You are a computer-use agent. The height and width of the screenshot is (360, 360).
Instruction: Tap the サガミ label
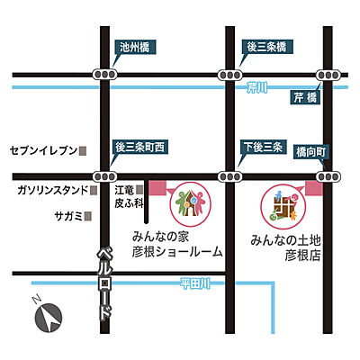67,216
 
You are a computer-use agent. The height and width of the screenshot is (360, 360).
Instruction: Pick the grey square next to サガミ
88,216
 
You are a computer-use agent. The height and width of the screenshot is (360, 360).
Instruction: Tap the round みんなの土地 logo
283,206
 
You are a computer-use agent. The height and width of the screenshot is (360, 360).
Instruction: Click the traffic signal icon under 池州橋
107,74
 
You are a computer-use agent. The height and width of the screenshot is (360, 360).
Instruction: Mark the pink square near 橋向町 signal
314,187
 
